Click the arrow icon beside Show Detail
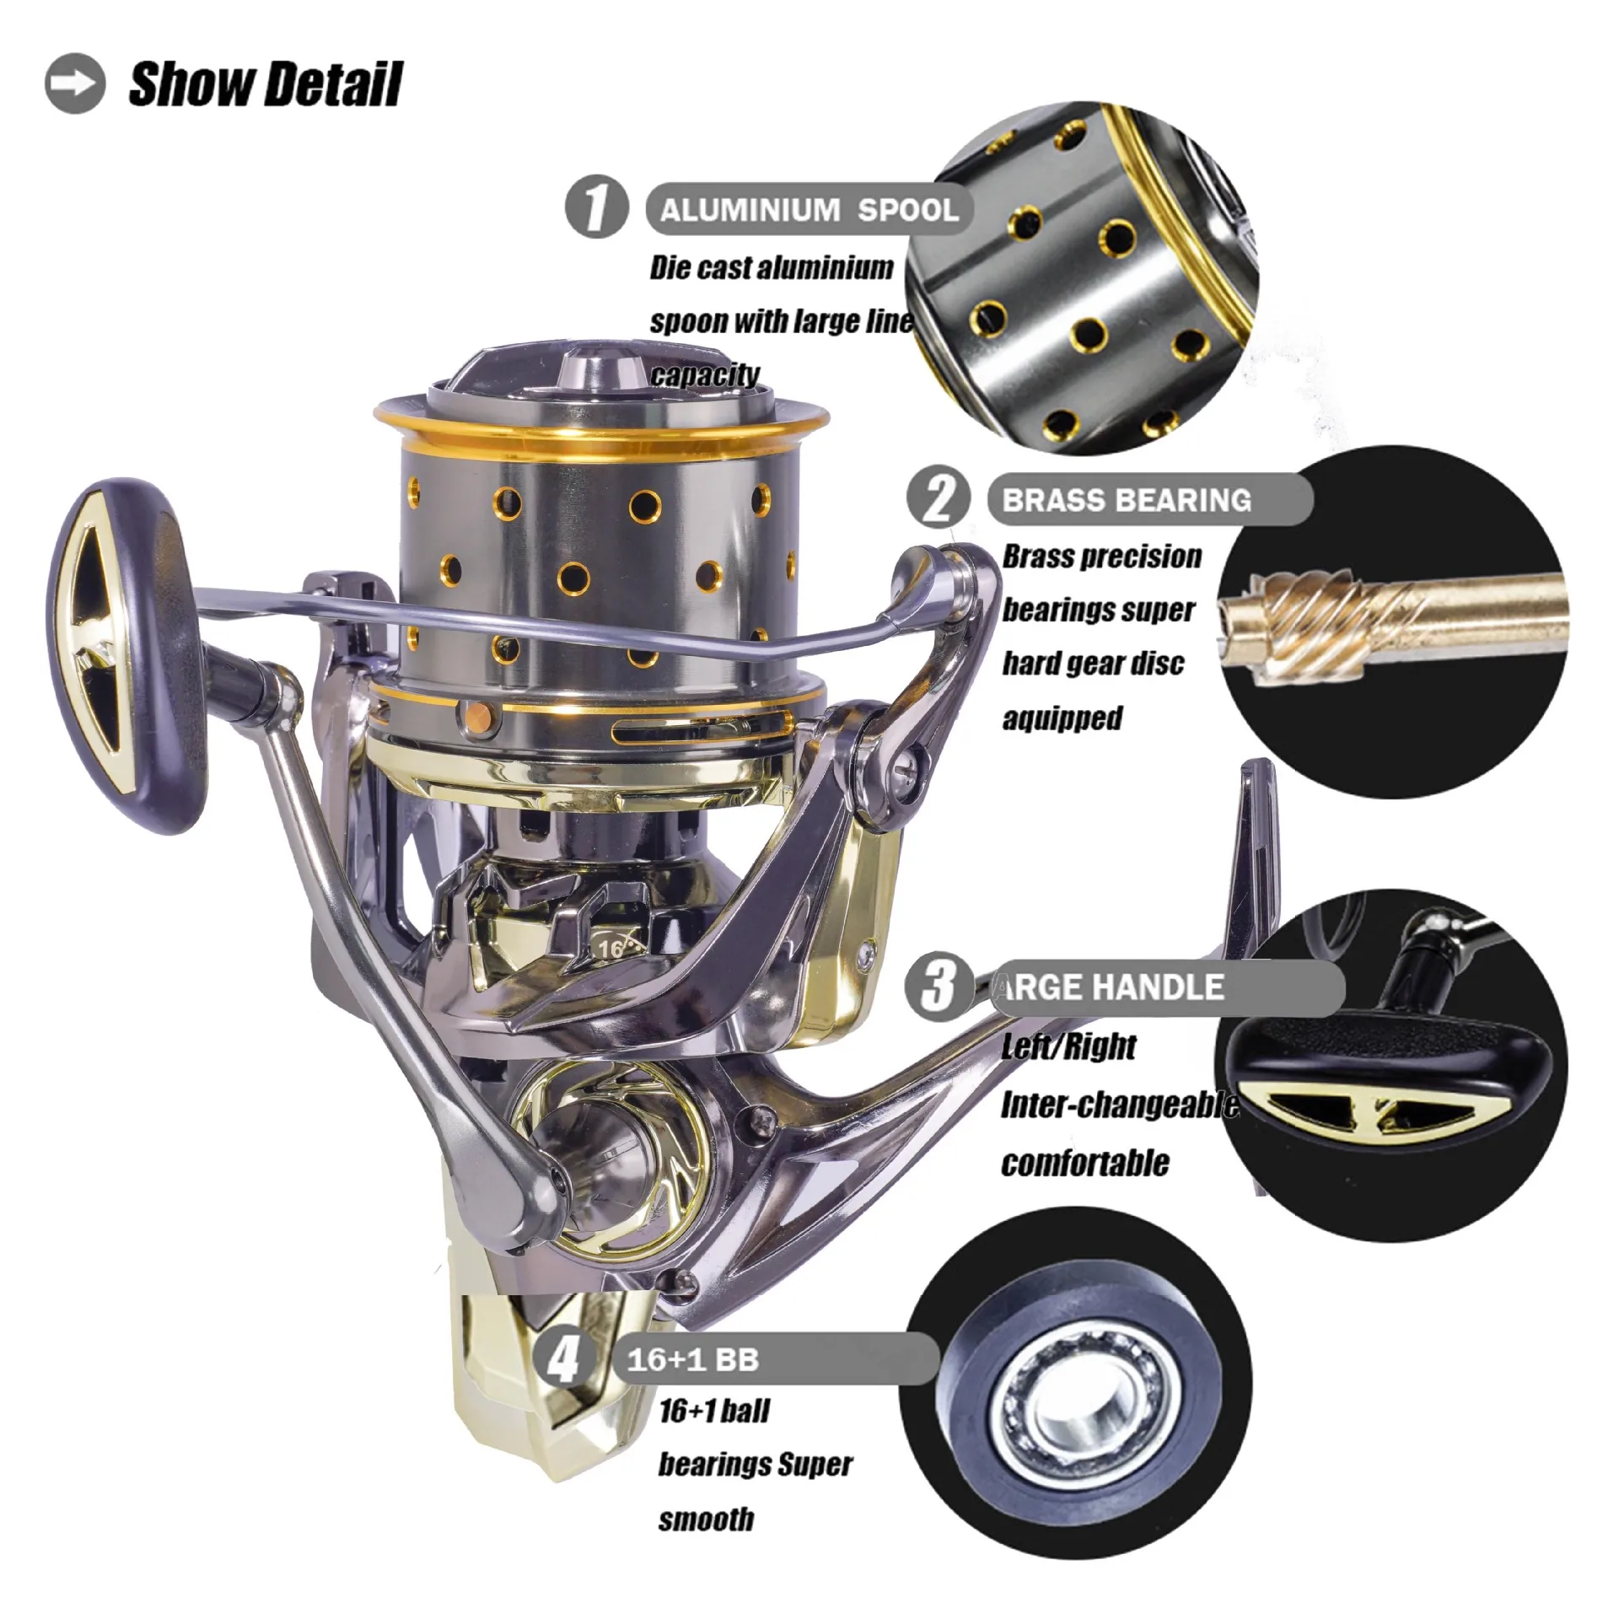[x=75, y=84]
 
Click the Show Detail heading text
[x=265, y=85]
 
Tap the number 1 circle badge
[x=596, y=207]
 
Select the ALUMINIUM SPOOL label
[x=809, y=210]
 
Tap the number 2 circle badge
[x=937, y=498]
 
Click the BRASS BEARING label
[x=1127, y=500]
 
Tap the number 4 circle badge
[x=562, y=1358]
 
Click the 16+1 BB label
[x=693, y=1360]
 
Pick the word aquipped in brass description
[x=1062, y=718]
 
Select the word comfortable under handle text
[x=1085, y=1163]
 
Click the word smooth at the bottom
[x=706, y=1519]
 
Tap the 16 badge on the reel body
[x=612, y=948]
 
